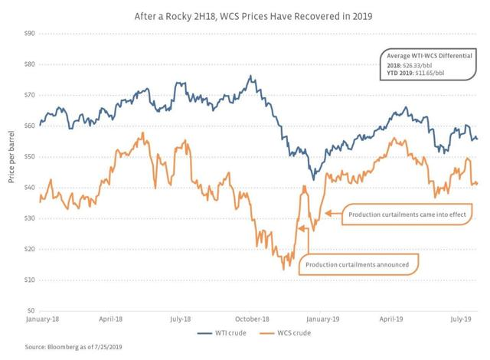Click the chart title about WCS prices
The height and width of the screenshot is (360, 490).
pos(253,16)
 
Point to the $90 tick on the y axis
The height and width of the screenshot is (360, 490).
pos(29,34)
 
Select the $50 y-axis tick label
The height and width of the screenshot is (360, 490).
pos(29,156)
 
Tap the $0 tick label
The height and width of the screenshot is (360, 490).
pos(31,310)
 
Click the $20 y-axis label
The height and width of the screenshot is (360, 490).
pos(29,249)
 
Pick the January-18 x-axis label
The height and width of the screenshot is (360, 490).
pos(42,319)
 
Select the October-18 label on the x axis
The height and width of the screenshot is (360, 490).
pos(252,319)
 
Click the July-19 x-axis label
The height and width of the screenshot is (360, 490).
pos(461,319)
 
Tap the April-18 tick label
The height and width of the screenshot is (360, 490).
pos(110,319)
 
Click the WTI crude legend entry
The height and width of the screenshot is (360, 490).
pos(221,333)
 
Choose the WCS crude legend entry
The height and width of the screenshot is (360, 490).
pos(285,333)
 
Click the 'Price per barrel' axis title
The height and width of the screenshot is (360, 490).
pos(11,156)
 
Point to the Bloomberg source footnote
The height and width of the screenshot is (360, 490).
pos(73,347)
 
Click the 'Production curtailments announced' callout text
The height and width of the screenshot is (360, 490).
pos(357,265)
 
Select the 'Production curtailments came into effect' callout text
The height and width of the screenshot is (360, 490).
pos(407,214)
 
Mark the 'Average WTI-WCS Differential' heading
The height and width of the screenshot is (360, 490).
pos(430,56)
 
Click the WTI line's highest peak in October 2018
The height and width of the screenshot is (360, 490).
pos(250,76)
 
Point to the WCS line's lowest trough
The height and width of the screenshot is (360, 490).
pos(284,269)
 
